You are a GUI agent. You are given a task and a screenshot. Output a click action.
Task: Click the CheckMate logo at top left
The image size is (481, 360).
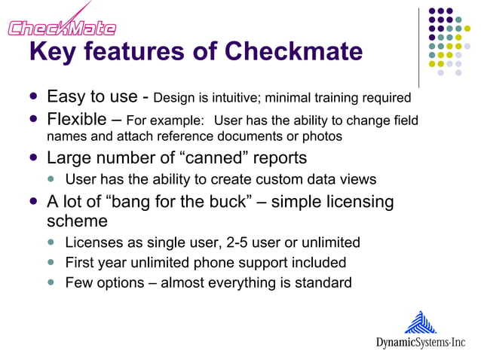62,24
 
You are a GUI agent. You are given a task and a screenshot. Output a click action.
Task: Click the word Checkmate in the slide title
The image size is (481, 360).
294,51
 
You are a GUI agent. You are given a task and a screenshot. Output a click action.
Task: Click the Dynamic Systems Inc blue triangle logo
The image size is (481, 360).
421,322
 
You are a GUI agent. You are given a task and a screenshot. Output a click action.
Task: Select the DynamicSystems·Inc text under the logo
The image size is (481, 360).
421,343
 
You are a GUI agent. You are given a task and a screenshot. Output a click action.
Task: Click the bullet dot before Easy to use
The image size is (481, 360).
33,97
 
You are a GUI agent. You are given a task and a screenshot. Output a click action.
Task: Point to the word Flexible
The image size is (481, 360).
76,120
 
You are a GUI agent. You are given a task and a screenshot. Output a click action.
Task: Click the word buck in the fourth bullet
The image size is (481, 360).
228,202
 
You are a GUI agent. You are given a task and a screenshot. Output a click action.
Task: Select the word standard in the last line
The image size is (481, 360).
322,283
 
